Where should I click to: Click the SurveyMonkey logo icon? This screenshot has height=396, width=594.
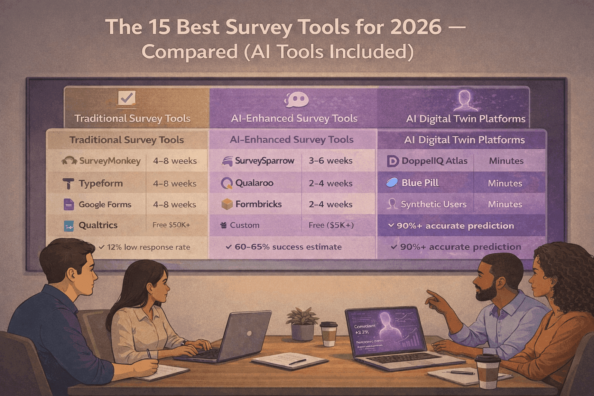[x=70, y=161]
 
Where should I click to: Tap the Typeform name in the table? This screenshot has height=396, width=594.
[x=101, y=184]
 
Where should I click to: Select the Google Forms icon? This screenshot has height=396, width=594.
[x=68, y=205]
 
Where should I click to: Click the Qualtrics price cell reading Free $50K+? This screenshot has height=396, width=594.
[x=171, y=225]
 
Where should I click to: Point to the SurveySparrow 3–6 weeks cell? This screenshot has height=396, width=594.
[x=331, y=161]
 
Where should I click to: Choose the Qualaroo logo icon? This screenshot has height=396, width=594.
[x=227, y=183]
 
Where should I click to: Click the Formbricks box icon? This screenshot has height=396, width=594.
[x=227, y=204]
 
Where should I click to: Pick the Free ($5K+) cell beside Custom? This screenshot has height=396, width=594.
[x=331, y=225]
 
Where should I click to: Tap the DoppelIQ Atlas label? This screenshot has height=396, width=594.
[x=434, y=161]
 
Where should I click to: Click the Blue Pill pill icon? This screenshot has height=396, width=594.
[x=392, y=183]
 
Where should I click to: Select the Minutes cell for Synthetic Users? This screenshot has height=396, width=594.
[x=505, y=204]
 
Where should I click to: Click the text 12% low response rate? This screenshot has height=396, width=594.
[x=148, y=247]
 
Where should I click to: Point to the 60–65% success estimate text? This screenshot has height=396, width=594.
[x=288, y=247]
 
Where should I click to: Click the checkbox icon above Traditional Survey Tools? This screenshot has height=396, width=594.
[x=127, y=98]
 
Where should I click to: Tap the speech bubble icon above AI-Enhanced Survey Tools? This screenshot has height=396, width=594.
[x=296, y=100]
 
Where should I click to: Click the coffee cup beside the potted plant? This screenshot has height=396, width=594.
[x=329, y=334]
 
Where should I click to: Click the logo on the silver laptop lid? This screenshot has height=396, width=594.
[x=249, y=333]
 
